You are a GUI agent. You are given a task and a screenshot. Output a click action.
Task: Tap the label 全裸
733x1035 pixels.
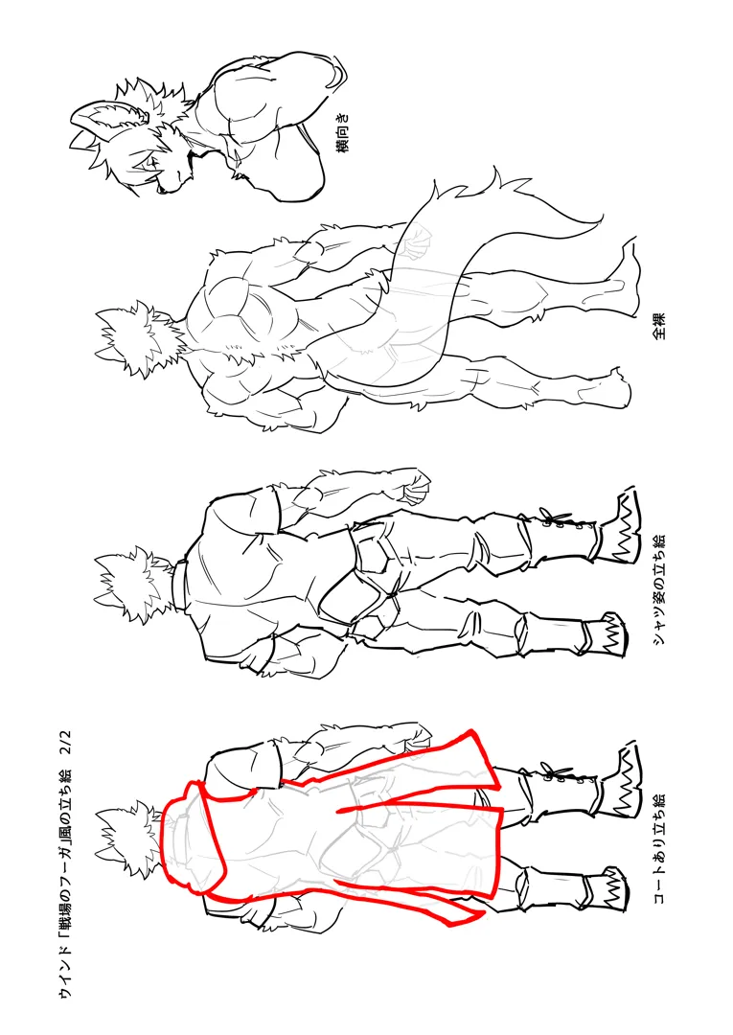pos(659,326)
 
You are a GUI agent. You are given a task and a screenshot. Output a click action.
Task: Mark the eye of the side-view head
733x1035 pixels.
pos(150,161)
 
